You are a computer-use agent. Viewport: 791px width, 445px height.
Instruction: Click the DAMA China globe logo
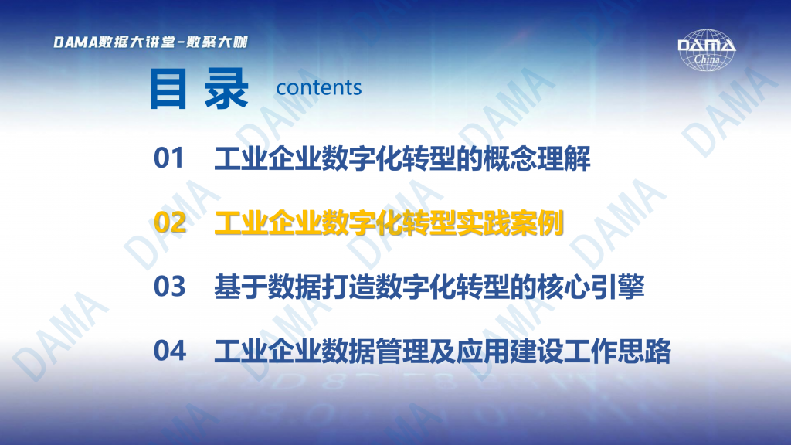[x=706, y=50]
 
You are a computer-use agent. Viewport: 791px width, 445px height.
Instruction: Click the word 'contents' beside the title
[x=319, y=88]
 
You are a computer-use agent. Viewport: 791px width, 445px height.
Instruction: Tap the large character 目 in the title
[x=168, y=90]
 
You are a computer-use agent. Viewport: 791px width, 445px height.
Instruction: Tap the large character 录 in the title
[x=226, y=90]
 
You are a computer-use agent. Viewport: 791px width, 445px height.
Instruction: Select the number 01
[x=169, y=158]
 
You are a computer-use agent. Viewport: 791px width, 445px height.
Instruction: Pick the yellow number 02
[x=169, y=222]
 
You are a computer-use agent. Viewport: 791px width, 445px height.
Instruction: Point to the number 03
[x=169, y=287]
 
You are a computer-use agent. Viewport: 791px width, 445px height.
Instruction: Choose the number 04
[x=169, y=351]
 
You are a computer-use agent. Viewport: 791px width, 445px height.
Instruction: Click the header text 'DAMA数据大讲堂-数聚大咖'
[x=151, y=42]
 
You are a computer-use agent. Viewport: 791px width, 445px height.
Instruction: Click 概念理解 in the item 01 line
[x=536, y=158]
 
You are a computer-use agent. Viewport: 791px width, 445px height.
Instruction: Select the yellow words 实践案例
[x=510, y=222]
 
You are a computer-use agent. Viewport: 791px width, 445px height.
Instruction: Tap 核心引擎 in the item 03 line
[x=591, y=287]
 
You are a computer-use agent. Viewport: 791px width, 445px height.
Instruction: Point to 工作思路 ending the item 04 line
[x=617, y=351]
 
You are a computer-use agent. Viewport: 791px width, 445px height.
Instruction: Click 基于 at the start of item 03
[x=241, y=287]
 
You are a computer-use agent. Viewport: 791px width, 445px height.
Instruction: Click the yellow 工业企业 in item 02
[x=268, y=222]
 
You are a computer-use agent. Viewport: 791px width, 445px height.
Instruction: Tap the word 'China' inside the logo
[x=707, y=59]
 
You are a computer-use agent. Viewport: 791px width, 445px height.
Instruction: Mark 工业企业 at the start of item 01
[x=268, y=158]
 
